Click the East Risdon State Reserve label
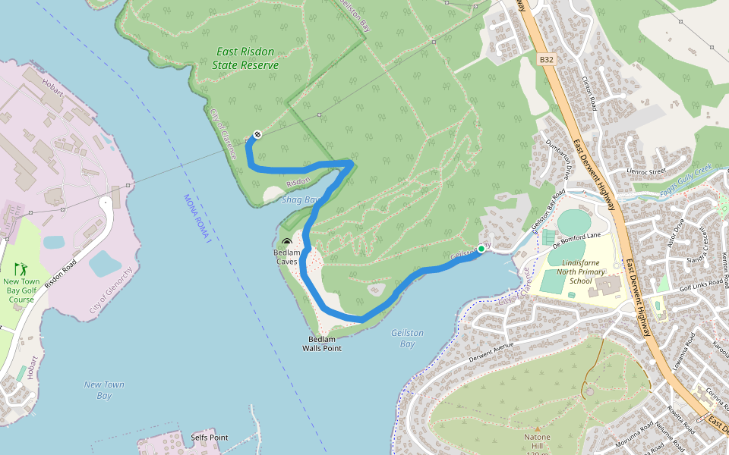[247, 58]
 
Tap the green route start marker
[481, 249]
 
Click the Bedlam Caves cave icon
[286, 242]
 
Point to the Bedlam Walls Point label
[324, 344]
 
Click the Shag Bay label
[298, 199]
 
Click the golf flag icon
[19, 268]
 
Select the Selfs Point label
[210, 438]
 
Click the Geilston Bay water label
[407, 338]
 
